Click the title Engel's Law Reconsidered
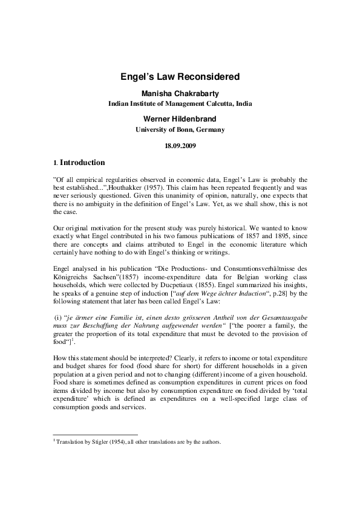click(180, 77)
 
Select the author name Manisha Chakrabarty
click(180, 94)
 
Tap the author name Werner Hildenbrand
click(180, 118)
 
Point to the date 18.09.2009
click(180, 146)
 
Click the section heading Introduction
click(82, 163)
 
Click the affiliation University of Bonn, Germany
click(180, 129)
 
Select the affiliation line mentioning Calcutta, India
click(180, 104)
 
